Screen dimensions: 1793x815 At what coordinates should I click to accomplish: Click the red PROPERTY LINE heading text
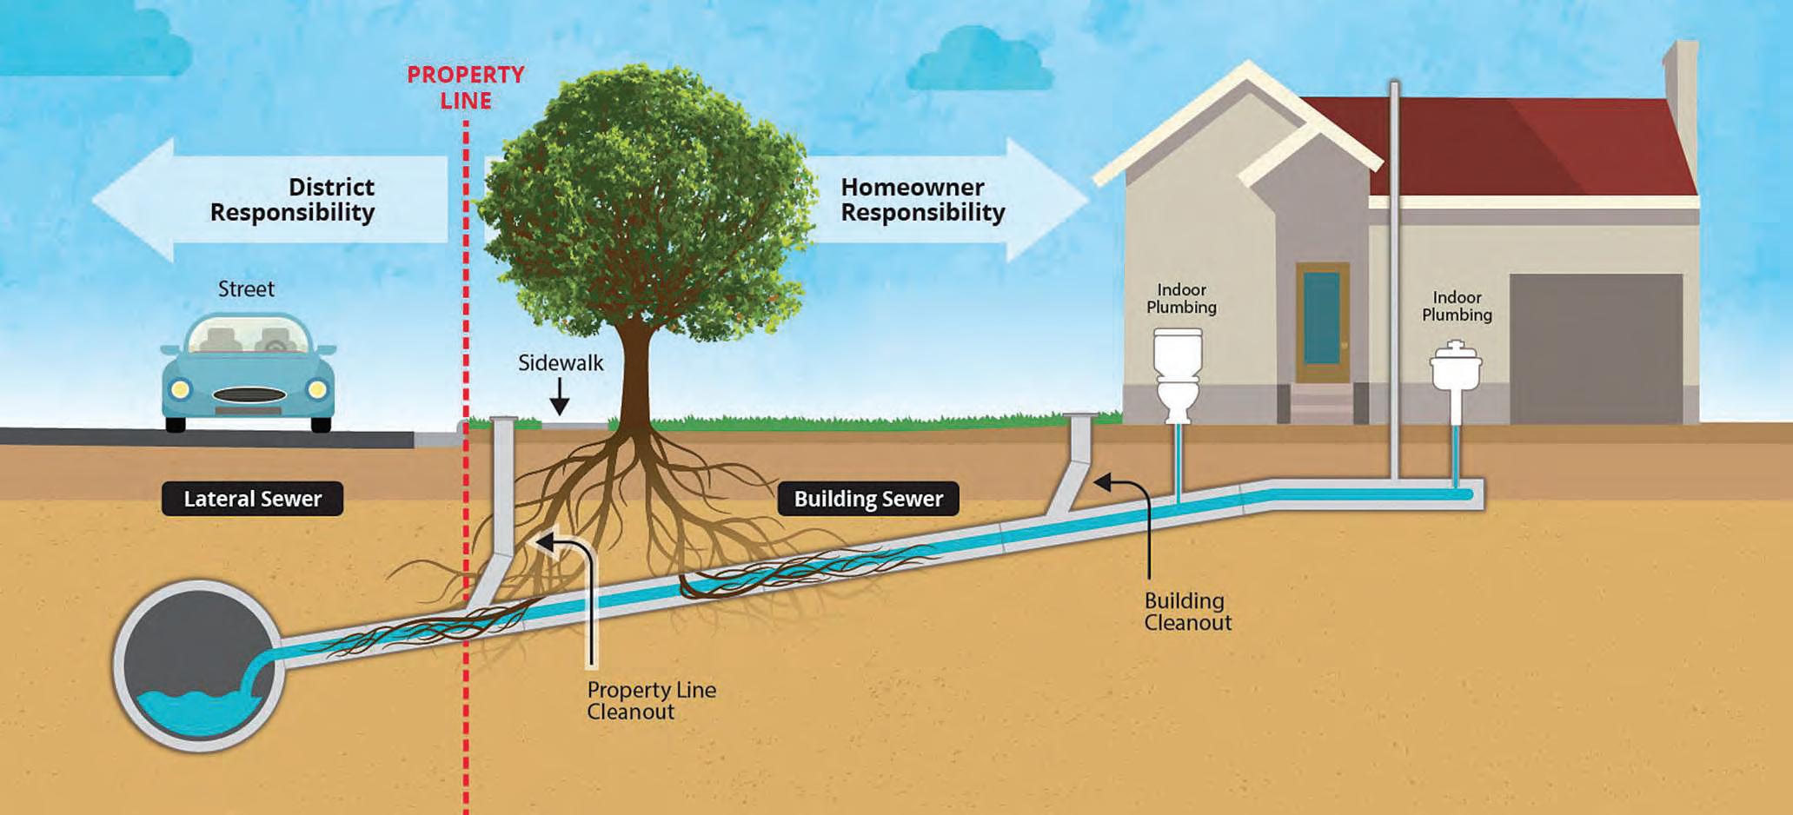pyautogui.click(x=466, y=88)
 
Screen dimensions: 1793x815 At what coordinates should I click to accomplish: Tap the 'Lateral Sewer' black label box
pyautogui.click(x=252, y=499)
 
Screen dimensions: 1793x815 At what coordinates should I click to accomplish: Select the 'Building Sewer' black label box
pyautogui.click(x=868, y=499)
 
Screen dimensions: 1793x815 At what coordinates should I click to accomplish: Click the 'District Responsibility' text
pyautogui.click(x=292, y=200)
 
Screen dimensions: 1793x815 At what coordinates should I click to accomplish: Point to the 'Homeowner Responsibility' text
pyautogui.click(x=922, y=200)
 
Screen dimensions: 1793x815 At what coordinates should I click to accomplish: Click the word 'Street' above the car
pyautogui.click(x=246, y=289)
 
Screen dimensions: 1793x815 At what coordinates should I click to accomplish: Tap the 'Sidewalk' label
pyautogui.click(x=561, y=363)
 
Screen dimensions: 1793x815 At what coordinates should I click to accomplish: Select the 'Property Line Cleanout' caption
pyautogui.click(x=651, y=700)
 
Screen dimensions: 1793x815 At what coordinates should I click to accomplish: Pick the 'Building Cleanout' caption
pyautogui.click(x=1187, y=612)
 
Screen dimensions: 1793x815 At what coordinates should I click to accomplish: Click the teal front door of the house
pyautogui.click(x=1321, y=318)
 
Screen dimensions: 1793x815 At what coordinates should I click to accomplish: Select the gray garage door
pyautogui.click(x=1596, y=348)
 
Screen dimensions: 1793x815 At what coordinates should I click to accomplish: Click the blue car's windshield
pyautogui.click(x=249, y=336)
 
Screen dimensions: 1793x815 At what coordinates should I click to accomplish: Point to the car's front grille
pyautogui.click(x=249, y=395)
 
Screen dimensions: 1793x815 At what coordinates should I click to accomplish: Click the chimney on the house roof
pyautogui.click(x=1682, y=104)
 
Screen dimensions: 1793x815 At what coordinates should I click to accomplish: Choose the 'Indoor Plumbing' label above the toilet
pyautogui.click(x=1181, y=298)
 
